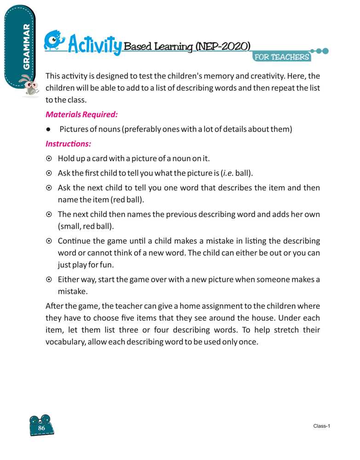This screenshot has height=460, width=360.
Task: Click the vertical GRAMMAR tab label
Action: click(x=26, y=46)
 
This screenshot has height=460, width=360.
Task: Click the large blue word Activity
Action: click(x=95, y=46)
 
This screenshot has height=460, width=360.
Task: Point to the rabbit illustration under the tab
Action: click(x=29, y=86)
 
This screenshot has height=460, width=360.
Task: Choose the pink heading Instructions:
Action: click(x=68, y=144)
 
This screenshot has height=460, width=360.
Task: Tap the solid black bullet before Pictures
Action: click(x=48, y=129)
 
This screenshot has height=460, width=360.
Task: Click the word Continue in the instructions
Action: click(x=74, y=241)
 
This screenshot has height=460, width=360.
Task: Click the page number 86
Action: click(x=41, y=428)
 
